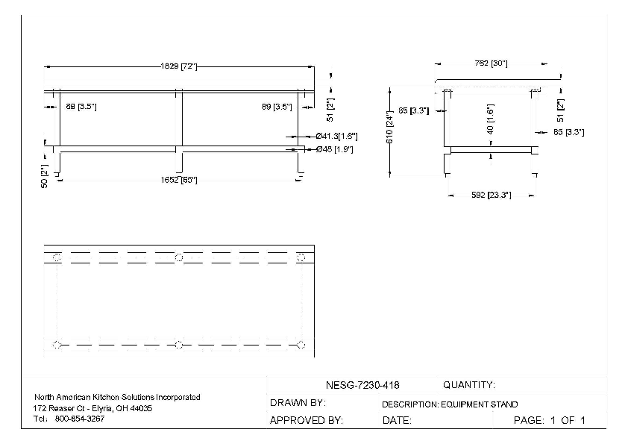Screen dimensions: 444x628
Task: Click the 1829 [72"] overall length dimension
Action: pos(178,67)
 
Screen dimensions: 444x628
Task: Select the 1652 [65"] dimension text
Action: pos(179,180)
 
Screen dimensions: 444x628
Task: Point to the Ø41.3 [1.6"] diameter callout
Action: pos(337,137)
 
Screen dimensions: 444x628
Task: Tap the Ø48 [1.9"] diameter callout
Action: pos(334,150)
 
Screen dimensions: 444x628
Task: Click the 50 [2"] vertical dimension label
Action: pos(44,175)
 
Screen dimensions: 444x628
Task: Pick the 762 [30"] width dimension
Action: pos(492,63)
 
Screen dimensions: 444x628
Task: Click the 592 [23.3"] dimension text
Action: pos(491,196)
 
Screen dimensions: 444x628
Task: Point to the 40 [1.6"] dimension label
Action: pos(490,119)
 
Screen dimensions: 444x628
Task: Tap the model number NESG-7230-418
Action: pos(363,386)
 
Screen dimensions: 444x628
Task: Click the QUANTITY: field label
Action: pos(469,386)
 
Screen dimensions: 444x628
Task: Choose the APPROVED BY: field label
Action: pos(306,421)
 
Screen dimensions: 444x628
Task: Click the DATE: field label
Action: pos(397,421)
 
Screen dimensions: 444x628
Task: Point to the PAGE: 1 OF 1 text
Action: pos(550,421)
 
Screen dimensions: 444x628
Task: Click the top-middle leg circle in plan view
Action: pos(179,257)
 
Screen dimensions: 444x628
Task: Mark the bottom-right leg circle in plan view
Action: pos(301,345)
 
